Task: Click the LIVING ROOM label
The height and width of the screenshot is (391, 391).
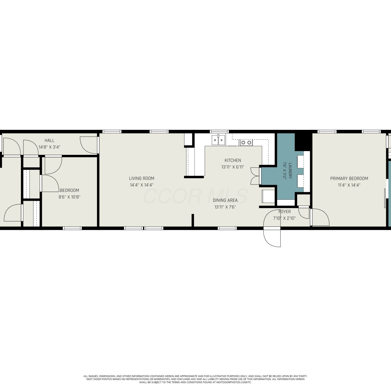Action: point(142,178)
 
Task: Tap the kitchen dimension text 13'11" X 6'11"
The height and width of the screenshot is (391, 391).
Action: point(233,167)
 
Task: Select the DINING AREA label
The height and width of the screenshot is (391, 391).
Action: point(225,200)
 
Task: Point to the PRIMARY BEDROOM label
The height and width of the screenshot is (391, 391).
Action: point(349,179)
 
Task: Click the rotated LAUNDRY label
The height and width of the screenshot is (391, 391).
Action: point(290,171)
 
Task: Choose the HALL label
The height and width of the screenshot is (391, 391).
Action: point(49,140)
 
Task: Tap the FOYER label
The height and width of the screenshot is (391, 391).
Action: point(284,212)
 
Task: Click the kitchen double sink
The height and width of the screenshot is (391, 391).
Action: point(218,140)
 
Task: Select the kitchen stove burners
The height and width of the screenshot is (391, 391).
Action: point(246,143)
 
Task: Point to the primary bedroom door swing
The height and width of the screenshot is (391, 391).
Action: point(320,217)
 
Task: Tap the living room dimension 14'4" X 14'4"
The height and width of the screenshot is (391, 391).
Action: point(142,185)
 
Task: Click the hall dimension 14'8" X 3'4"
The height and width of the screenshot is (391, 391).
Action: point(49,147)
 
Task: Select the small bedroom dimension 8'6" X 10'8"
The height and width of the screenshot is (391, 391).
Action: point(69,197)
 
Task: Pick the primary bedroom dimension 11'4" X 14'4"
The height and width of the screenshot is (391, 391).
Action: point(349,185)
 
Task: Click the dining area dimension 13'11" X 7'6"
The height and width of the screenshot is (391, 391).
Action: point(225,207)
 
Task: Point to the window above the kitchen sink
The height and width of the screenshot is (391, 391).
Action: point(219,132)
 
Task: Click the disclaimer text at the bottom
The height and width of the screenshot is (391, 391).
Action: point(195,379)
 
